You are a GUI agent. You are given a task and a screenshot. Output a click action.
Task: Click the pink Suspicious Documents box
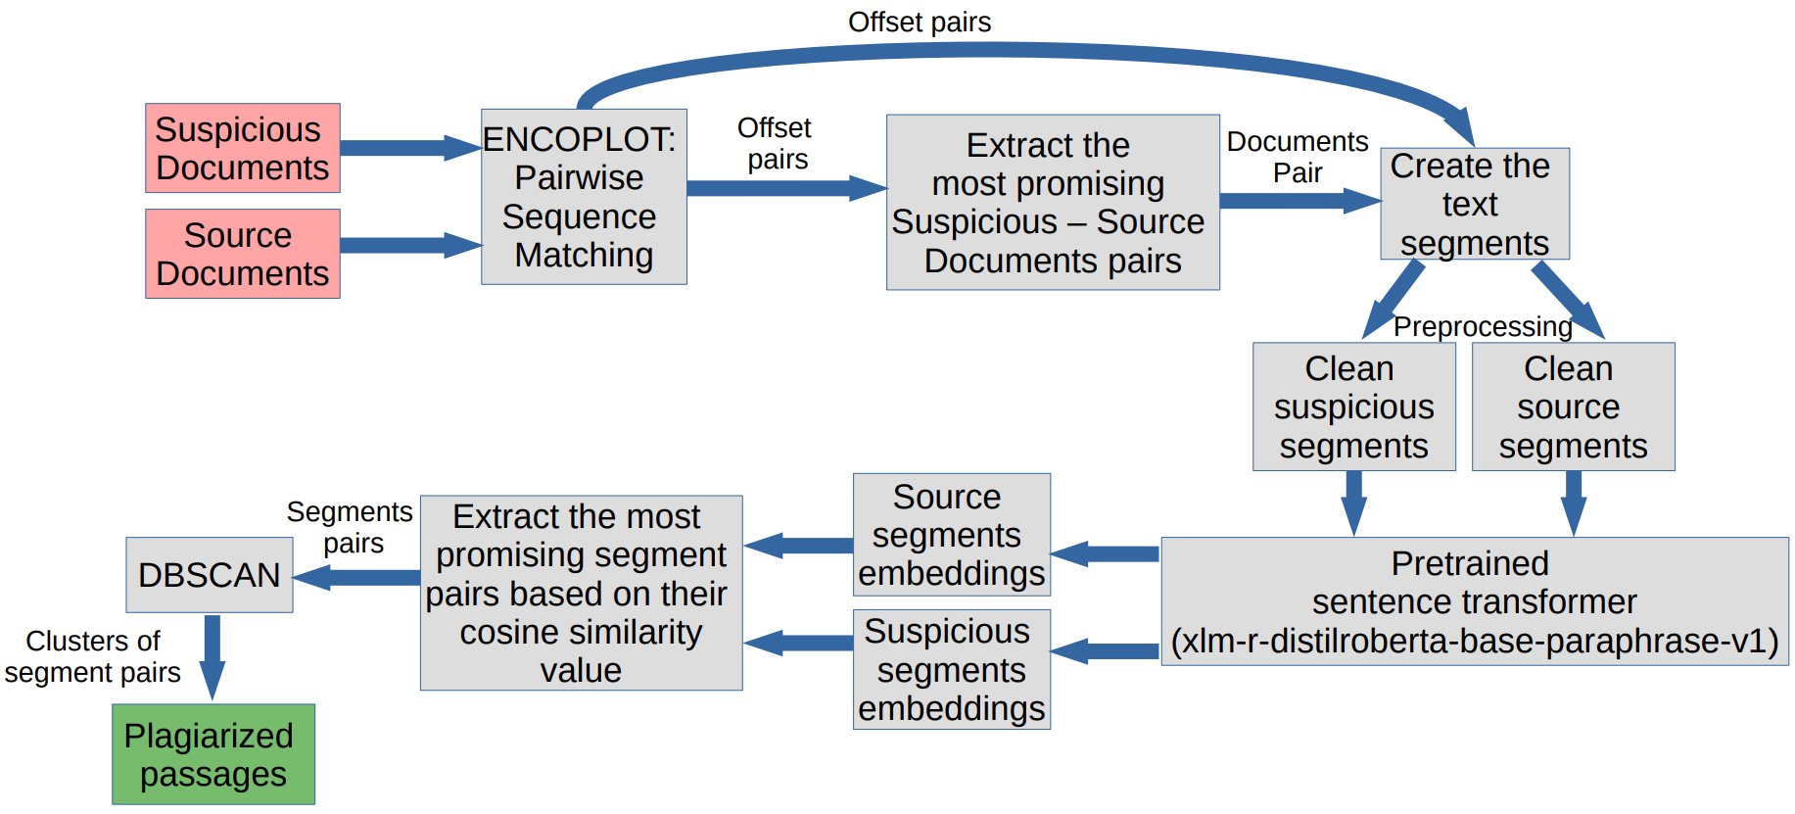point(242,148)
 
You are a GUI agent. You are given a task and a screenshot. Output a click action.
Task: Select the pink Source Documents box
point(242,254)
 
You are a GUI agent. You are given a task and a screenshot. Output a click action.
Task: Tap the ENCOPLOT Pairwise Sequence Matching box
point(584,197)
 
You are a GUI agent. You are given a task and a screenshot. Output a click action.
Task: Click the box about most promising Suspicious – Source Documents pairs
point(1052,203)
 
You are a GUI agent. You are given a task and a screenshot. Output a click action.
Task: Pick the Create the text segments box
point(1474,204)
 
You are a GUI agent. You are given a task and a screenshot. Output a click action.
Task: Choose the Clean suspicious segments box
point(1353,407)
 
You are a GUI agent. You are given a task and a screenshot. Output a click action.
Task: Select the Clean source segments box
point(1573,407)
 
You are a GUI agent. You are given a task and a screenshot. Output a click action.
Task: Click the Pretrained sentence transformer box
point(1474,601)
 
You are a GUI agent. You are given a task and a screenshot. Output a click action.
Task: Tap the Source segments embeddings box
point(951,535)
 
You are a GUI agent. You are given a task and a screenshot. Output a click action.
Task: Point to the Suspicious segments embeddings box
point(951,670)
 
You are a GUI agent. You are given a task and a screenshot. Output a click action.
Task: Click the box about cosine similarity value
point(581,593)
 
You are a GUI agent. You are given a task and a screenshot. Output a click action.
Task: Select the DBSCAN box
point(209,575)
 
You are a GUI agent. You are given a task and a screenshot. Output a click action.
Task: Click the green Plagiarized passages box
point(213,754)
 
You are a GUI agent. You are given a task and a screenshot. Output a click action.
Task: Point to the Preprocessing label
point(1482,326)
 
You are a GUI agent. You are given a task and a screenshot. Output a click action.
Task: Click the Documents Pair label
point(1297,157)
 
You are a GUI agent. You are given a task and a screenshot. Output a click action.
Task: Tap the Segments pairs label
point(350,527)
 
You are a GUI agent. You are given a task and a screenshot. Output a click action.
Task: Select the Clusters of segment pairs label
point(92,656)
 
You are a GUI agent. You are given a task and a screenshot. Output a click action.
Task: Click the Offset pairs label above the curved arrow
point(919,22)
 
